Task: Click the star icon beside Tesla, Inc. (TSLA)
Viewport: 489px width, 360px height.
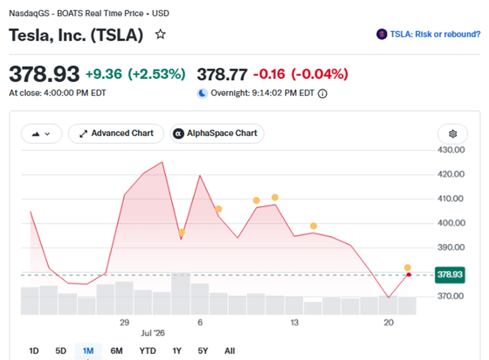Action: (x=160, y=34)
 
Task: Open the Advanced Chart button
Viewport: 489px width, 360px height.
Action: (x=116, y=134)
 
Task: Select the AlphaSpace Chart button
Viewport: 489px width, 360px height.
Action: (x=217, y=134)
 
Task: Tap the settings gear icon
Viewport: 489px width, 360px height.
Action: (x=453, y=134)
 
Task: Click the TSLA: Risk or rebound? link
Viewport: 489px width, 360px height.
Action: (x=428, y=34)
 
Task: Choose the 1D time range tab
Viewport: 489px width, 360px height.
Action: (x=34, y=351)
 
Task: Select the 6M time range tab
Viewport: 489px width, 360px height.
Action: (x=116, y=351)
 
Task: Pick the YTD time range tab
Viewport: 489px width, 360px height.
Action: (x=148, y=351)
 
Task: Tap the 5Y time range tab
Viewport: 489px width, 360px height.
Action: (x=203, y=351)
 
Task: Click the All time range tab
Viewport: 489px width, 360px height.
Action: (x=229, y=351)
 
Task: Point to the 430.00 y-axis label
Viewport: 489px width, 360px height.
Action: (x=451, y=150)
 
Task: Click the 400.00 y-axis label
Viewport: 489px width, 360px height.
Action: (x=451, y=223)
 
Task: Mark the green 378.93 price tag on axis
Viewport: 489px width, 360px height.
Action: (x=450, y=275)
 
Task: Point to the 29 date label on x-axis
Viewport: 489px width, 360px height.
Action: (x=124, y=322)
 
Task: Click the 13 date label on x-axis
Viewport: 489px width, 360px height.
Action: (x=295, y=322)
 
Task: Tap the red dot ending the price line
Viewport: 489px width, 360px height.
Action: (x=409, y=275)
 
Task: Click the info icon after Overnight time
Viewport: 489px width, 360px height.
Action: (x=323, y=94)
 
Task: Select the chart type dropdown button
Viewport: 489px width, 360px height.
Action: (x=41, y=134)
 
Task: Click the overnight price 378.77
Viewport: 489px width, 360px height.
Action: (x=222, y=75)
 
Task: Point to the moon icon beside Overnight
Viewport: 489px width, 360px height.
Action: (x=202, y=93)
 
